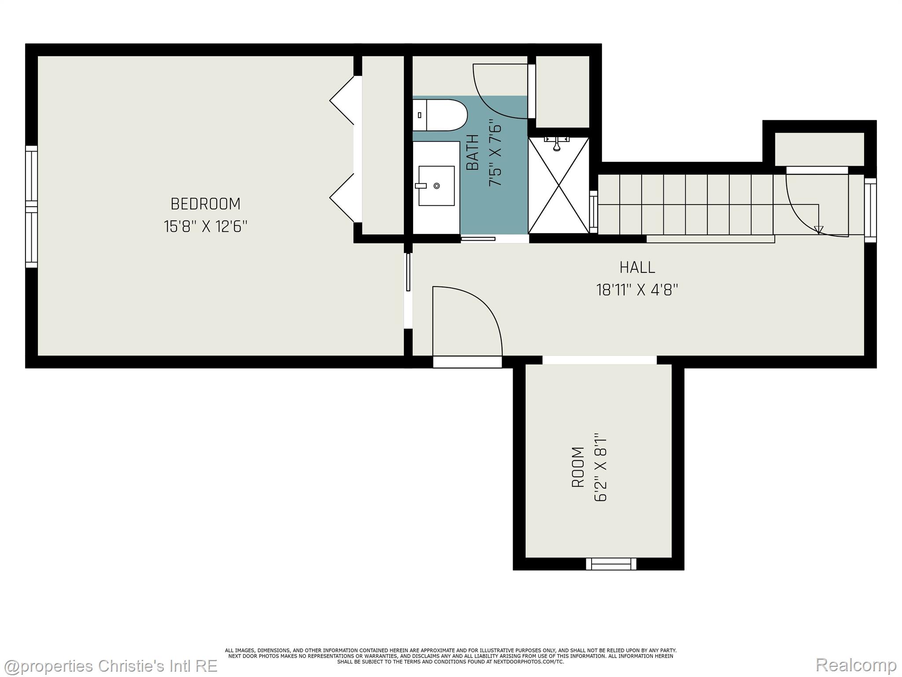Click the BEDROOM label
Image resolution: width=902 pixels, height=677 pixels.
(205, 204)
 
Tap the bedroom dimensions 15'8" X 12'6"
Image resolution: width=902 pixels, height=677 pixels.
(205, 227)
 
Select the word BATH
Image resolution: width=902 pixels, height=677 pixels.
(472, 153)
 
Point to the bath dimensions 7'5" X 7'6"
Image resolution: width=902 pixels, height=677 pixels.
(495, 155)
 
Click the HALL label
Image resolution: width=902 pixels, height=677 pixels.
(637, 267)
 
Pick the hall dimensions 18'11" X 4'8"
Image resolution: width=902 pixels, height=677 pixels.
(637, 290)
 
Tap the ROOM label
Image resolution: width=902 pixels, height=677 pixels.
(578, 467)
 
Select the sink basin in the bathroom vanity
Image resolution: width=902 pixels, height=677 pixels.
(436, 186)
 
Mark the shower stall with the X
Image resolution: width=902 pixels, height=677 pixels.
(558, 185)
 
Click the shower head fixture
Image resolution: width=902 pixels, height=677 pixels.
(557, 143)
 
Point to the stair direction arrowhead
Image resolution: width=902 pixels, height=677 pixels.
(818, 230)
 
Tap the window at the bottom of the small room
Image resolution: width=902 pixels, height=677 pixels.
(611, 564)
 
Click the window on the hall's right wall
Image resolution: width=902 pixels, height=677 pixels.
(870, 210)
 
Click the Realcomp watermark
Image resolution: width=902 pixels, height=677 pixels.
(856, 665)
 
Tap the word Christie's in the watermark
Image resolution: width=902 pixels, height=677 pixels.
(133, 666)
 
